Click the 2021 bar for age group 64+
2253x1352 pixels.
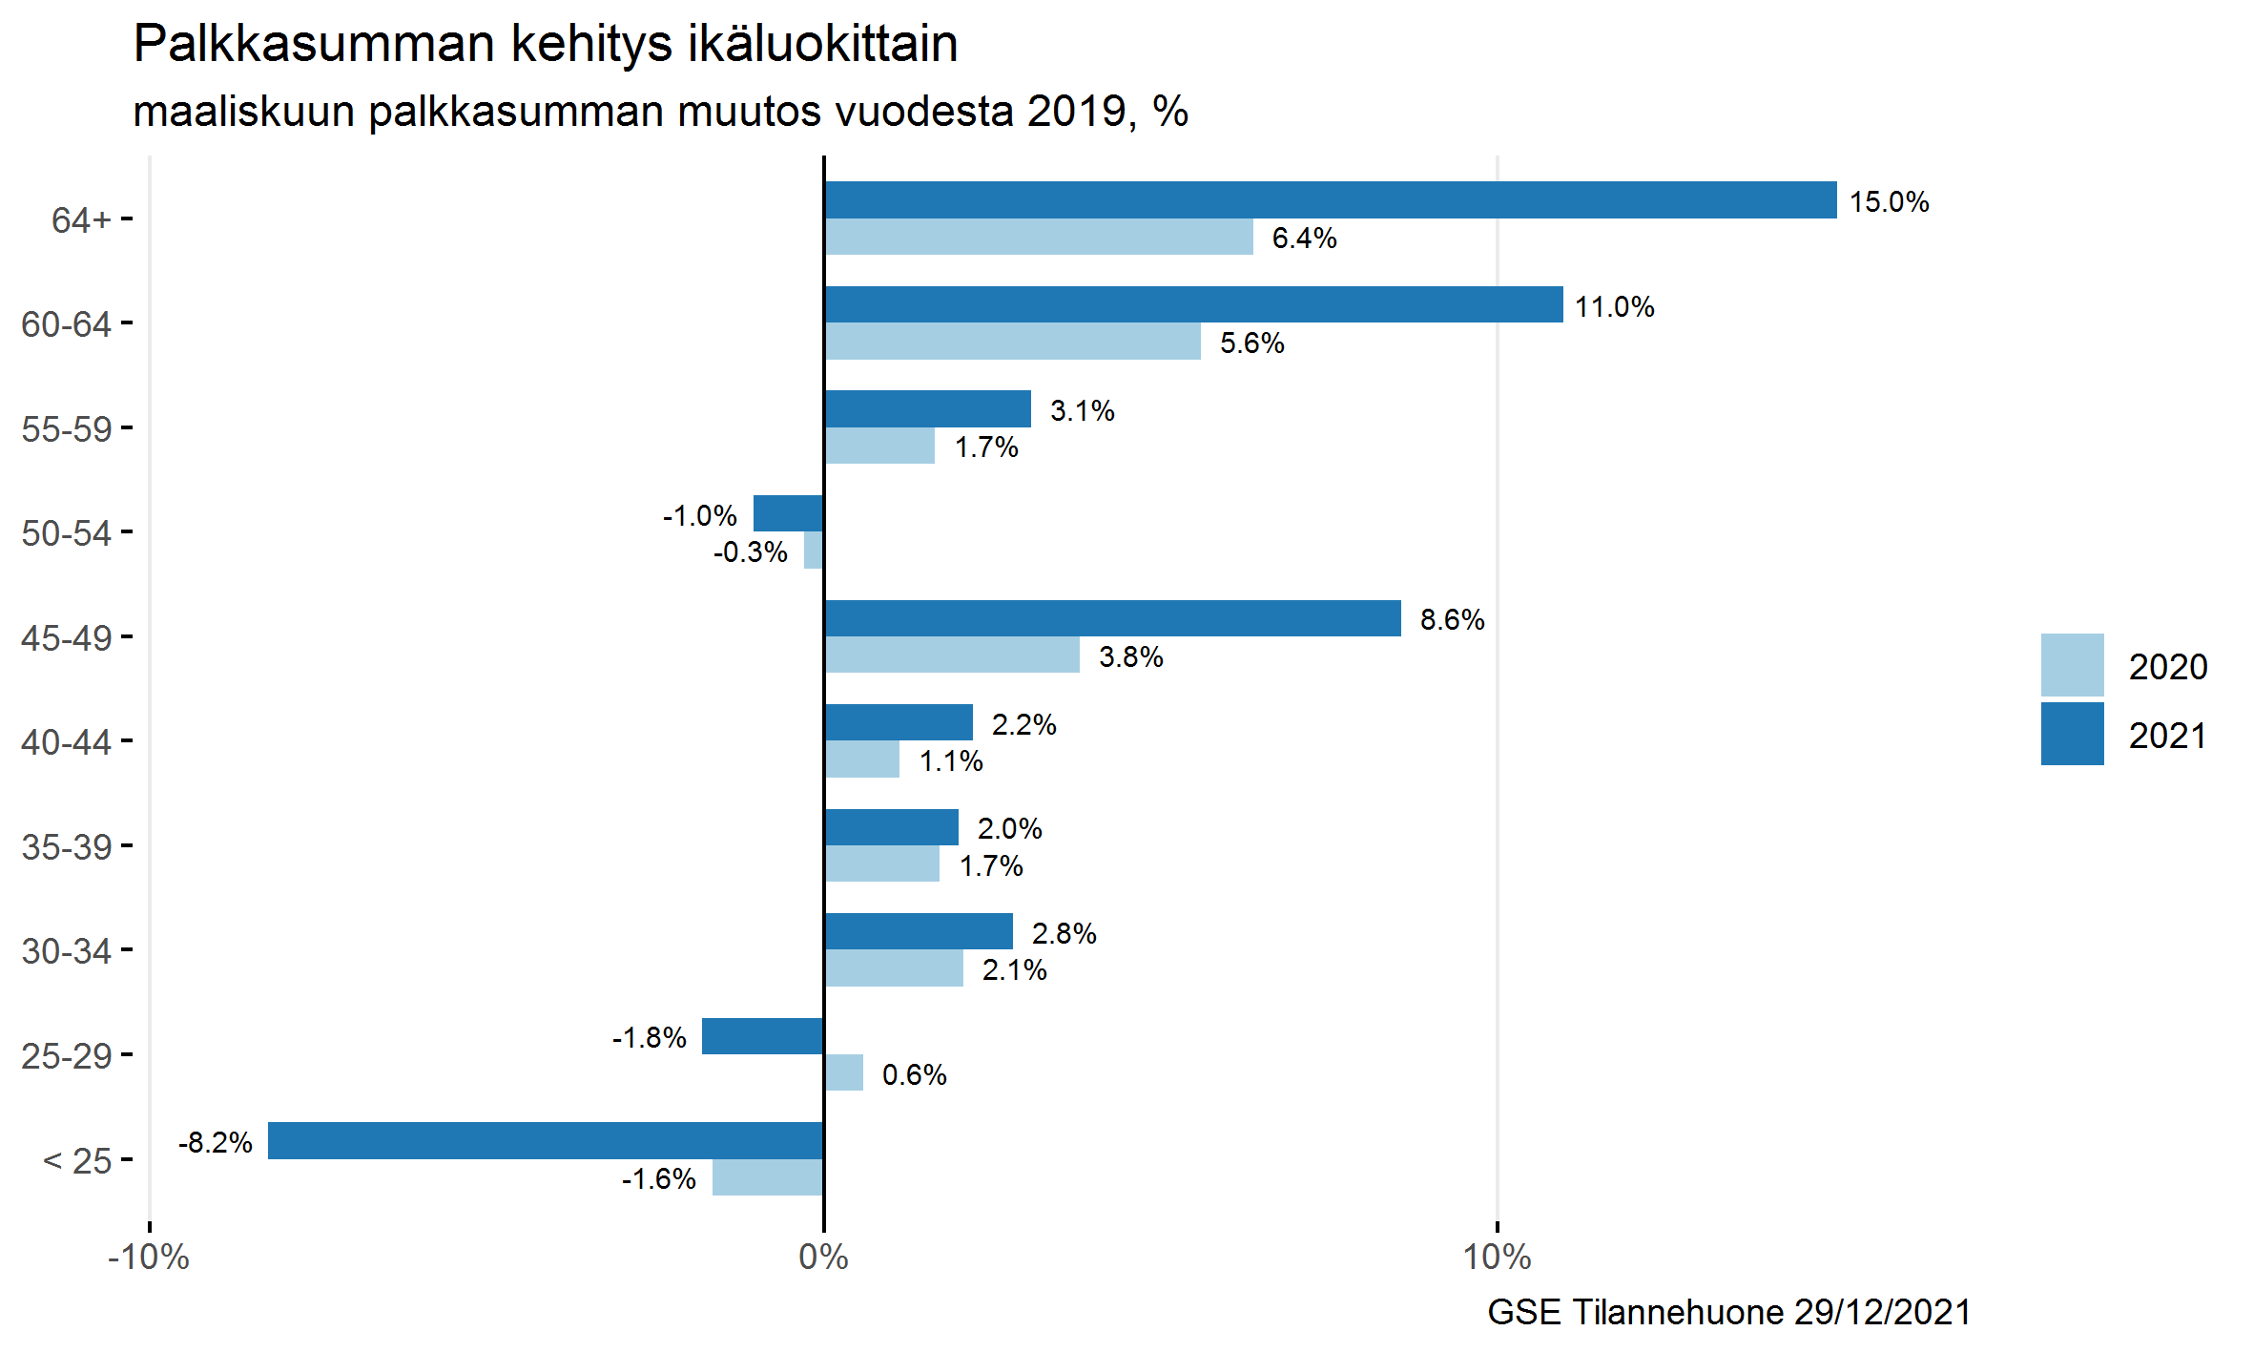point(1330,200)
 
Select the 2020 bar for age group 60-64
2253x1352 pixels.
point(1012,342)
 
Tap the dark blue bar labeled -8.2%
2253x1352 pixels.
point(546,1141)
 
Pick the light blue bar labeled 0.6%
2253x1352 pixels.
point(844,1072)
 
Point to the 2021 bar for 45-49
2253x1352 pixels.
point(1112,618)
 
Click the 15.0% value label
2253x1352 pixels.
point(1889,202)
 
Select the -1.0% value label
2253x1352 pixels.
point(699,516)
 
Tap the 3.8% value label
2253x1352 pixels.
point(1130,657)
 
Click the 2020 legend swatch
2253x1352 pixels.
point(2072,665)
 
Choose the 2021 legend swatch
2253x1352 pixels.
point(2072,734)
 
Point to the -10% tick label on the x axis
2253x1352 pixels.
point(149,1258)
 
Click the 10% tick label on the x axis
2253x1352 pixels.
point(1497,1258)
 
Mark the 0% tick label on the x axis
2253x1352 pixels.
point(823,1258)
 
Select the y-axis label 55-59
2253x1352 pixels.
point(66,429)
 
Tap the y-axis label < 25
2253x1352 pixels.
point(77,1161)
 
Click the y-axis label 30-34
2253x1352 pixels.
point(66,951)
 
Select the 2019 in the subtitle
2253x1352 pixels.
point(1076,112)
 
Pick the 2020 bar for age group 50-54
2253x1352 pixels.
point(814,551)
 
